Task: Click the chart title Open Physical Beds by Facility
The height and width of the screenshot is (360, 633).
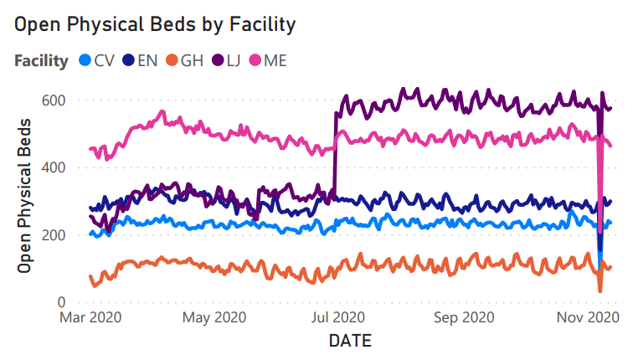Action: coord(154,24)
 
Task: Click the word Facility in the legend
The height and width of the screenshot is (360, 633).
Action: coord(40,60)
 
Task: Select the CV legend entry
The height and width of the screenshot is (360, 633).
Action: coord(99,60)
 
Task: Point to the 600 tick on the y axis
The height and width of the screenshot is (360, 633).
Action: coord(54,100)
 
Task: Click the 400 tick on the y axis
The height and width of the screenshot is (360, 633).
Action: coord(54,167)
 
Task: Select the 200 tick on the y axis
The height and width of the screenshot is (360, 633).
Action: coord(54,235)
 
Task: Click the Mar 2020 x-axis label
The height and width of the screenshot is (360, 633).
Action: coord(92,318)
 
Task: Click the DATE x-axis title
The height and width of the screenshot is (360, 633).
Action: coord(349,341)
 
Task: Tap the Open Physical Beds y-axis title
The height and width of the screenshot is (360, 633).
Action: coord(25,195)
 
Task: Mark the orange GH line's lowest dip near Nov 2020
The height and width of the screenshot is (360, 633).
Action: coord(600,291)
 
